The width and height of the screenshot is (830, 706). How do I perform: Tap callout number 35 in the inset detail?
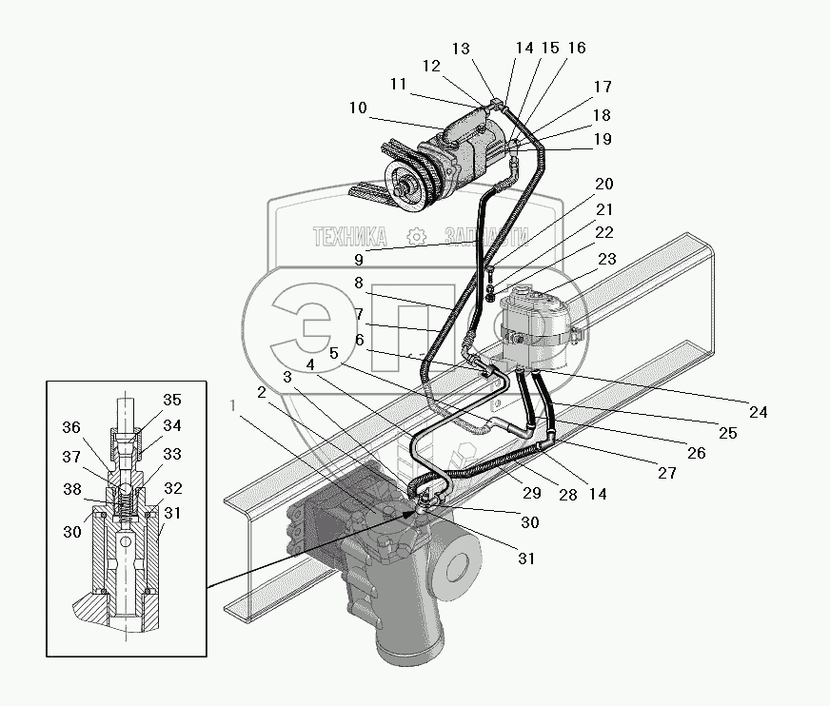(171, 401)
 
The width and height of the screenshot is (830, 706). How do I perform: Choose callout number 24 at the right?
(758, 412)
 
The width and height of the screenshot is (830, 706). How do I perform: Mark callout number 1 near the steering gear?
(234, 404)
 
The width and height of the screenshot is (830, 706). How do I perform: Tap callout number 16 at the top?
(578, 49)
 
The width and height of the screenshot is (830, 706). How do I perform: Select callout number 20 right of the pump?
(604, 185)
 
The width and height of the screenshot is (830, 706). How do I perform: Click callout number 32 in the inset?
(173, 488)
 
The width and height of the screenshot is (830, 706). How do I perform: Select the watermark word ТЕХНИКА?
(350, 236)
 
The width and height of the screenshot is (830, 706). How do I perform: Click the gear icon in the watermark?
(414, 237)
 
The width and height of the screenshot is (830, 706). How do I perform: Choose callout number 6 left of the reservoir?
(359, 340)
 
